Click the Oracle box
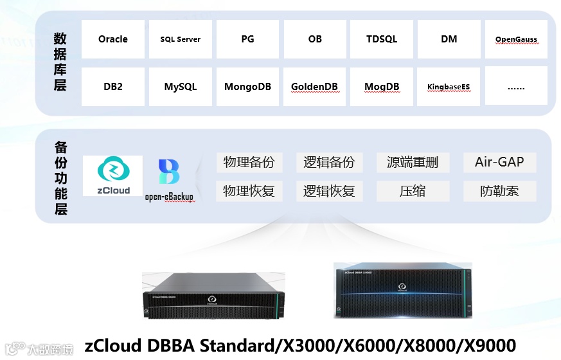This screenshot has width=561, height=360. pyautogui.click(x=113, y=39)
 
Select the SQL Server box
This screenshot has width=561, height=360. pyautogui.click(x=181, y=39)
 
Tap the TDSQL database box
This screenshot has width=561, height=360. pyautogui.click(x=382, y=39)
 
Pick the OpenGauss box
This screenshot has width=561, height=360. pyautogui.click(x=516, y=39)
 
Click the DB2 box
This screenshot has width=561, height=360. pyautogui.click(x=113, y=86)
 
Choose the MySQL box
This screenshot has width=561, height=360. pyautogui.click(x=181, y=86)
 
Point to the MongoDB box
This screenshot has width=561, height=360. pyautogui.click(x=247, y=86)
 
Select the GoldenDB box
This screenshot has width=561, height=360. pyautogui.click(x=315, y=86)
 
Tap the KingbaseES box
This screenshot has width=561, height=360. pyautogui.click(x=449, y=86)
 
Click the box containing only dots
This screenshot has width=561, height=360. pyautogui.click(x=516, y=86)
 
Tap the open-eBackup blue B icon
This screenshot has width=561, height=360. pyautogui.click(x=169, y=173)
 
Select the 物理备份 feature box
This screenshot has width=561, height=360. pyautogui.click(x=249, y=162)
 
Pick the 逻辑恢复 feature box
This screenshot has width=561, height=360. pyautogui.click(x=329, y=191)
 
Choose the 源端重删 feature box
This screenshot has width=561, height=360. pyautogui.click(x=413, y=162)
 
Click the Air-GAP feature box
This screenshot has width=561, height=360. pyautogui.click(x=499, y=162)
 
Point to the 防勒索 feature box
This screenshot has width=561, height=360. pyautogui.click(x=499, y=191)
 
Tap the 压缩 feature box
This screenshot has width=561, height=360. pyautogui.click(x=413, y=191)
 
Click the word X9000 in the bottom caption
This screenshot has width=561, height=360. pyautogui.click(x=488, y=345)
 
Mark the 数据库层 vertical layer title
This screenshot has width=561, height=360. pyautogui.click(x=60, y=62)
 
